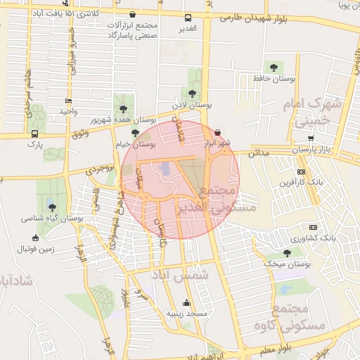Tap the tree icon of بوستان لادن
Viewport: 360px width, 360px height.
[x=192, y=91]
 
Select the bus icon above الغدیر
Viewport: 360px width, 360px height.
[x=188, y=18]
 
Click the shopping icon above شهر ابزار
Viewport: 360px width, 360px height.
[x=217, y=131]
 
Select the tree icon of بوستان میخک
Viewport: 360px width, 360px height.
[x=287, y=252]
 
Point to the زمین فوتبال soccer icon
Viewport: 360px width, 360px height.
[x=36, y=238]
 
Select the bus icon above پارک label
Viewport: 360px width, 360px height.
[x=34, y=134]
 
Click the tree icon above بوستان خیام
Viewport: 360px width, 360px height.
[x=135, y=131]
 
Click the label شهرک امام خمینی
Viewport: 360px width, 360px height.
[x=315, y=112]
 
